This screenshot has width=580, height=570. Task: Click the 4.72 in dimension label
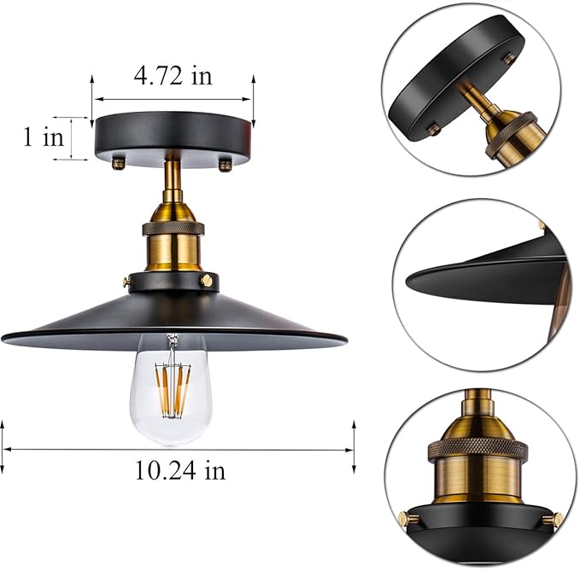click(x=173, y=76)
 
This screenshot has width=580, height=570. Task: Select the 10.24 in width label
click(x=179, y=469)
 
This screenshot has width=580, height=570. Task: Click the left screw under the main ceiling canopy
click(x=120, y=161)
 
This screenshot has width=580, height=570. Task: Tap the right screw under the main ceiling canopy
click(x=225, y=162)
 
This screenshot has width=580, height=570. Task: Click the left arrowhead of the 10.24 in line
click(x=5, y=449)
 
